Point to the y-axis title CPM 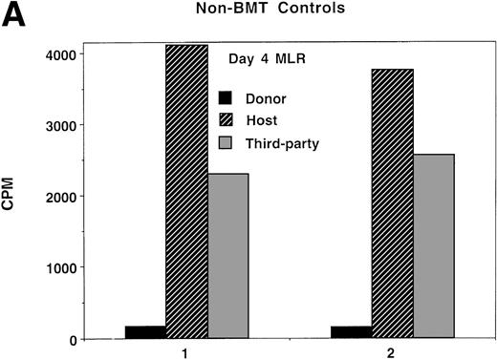[14, 201]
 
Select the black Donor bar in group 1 [145, 332]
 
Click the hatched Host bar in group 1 [186, 192]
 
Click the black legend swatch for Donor [226, 97]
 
